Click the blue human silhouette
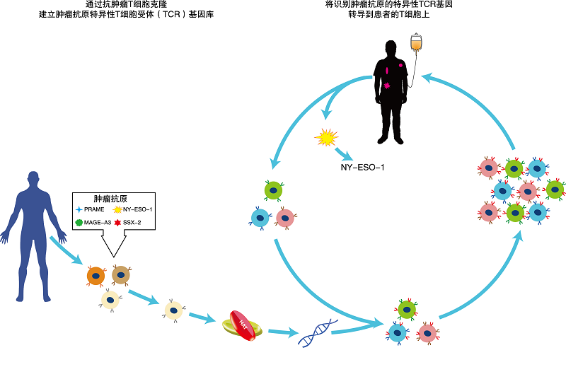click(x=30, y=226)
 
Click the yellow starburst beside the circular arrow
click(x=327, y=137)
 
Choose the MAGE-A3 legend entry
click(x=94, y=222)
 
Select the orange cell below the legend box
click(x=96, y=274)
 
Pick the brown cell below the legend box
click(x=120, y=274)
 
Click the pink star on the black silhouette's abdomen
click(x=386, y=86)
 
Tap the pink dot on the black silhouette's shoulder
click(x=401, y=64)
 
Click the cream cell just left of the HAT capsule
click(x=173, y=310)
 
